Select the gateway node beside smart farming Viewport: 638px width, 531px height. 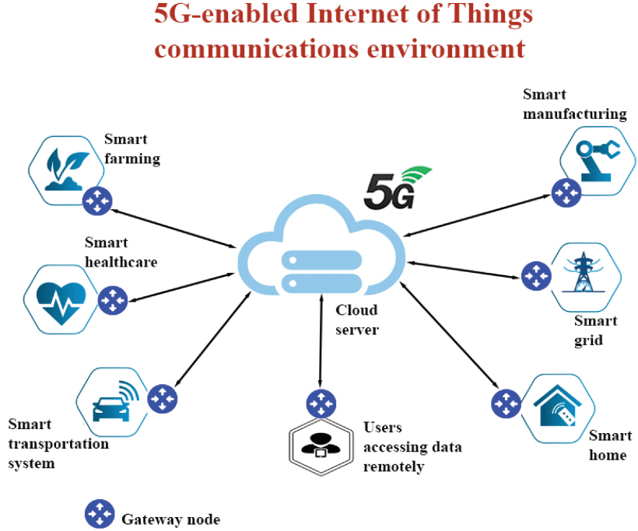98,200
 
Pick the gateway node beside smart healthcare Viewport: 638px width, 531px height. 113,300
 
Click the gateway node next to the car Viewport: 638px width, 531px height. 163,399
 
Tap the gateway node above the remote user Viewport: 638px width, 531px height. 320,404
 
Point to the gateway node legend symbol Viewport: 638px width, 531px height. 99,514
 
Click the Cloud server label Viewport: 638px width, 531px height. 356,320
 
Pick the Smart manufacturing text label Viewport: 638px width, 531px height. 574,104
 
